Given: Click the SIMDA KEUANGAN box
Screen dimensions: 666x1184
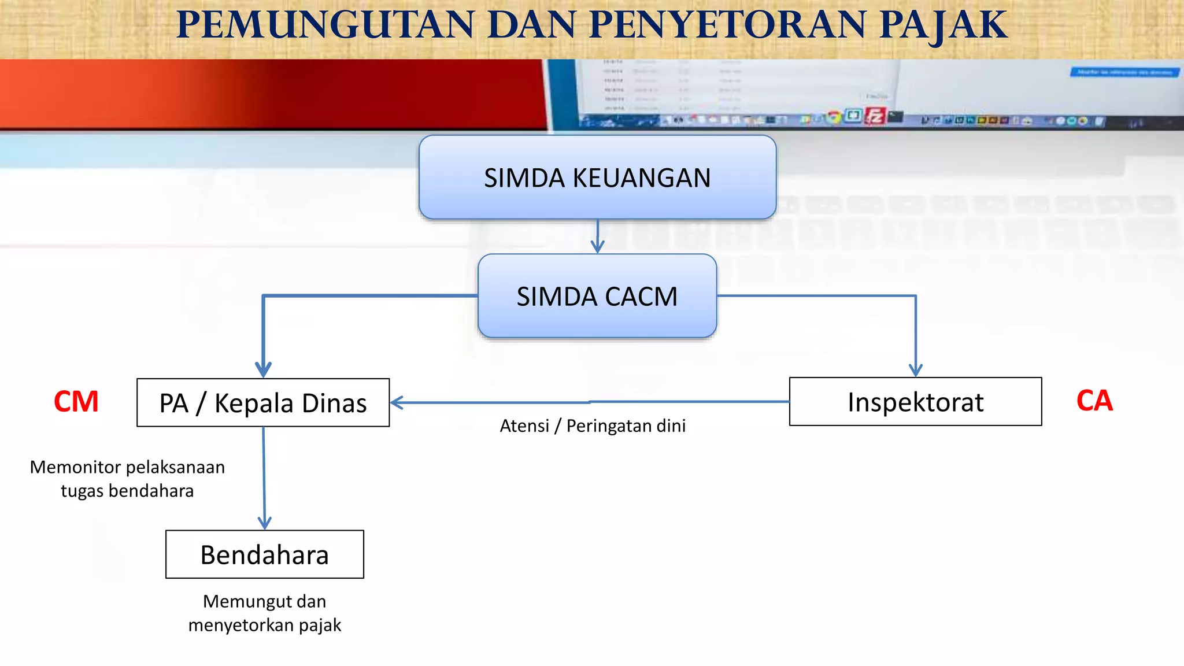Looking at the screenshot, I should click(597, 177).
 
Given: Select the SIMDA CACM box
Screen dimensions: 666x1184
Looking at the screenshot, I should click(597, 296).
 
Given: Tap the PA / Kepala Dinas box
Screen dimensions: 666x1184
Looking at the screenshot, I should click(263, 403).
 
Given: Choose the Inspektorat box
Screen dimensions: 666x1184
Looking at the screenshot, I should click(915, 402).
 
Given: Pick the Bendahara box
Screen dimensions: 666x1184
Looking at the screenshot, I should click(265, 554).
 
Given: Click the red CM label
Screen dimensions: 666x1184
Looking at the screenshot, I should click(76, 401).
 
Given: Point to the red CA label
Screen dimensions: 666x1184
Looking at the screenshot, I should click(1094, 401).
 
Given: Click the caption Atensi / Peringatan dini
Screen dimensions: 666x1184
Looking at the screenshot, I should click(593, 426).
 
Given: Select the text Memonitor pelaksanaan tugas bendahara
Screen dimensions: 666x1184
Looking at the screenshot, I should click(127, 479).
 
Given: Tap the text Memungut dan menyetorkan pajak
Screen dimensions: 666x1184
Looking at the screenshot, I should click(265, 613).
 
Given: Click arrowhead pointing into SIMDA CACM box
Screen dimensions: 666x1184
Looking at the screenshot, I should click(597, 247).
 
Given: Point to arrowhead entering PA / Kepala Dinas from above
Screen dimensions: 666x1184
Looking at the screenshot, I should click(263, 371).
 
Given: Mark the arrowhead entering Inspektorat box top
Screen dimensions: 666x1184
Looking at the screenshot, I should click(915, 370).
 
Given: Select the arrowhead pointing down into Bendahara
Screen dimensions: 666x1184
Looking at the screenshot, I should click(265, 523).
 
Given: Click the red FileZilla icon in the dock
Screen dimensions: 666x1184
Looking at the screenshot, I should click(875, 116).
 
